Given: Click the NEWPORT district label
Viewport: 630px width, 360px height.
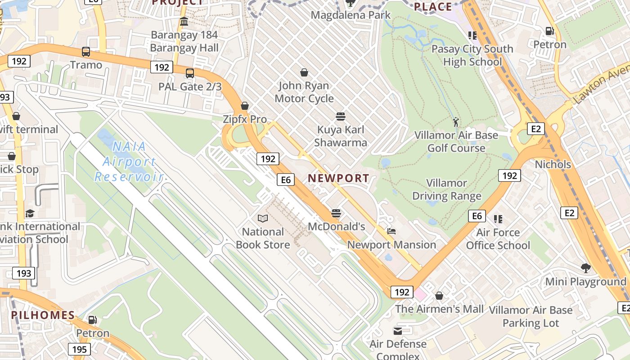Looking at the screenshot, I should pos(338,178).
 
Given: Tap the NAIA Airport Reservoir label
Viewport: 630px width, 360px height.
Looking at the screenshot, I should pos(128,162).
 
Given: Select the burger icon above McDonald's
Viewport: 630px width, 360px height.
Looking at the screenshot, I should pos(336,213).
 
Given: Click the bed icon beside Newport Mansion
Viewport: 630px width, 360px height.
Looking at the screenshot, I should pos(391,232).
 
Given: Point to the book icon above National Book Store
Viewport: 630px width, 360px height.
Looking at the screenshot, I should pos(263,219).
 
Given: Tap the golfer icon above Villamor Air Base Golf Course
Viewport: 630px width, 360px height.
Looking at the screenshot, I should pos(456,121).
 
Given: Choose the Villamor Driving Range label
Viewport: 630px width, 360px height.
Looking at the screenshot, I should pos(447,189).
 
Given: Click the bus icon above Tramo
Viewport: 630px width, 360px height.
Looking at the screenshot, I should pos(86,51).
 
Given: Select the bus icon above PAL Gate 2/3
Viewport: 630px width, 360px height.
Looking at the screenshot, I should pos(190,73).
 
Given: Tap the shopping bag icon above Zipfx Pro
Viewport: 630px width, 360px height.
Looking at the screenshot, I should pos(245,106).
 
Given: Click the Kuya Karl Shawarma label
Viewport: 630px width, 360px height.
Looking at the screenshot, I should pos(341,136).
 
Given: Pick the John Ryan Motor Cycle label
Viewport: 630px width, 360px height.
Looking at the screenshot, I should pos(304,92).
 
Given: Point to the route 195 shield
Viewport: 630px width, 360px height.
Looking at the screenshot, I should pos(80,349).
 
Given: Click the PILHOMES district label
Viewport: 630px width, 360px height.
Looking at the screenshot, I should pos(43,315).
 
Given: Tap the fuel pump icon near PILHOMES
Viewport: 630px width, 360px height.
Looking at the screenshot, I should pos(92,320).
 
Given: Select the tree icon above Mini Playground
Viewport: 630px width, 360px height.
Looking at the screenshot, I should pos(585,269).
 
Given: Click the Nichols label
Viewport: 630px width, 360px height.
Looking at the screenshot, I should pos(553,165).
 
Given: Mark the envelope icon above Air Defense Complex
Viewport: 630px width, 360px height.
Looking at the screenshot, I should pos(398,331).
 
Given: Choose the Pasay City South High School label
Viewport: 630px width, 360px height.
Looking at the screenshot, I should pos(472,55).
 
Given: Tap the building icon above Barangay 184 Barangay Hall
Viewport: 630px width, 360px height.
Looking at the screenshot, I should pos(184,22).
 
